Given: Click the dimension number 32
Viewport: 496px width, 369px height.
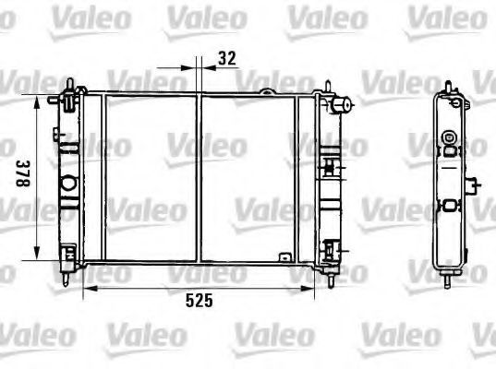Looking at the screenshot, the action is click(227, 58).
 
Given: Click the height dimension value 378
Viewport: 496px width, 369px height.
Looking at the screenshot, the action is click(23, 173).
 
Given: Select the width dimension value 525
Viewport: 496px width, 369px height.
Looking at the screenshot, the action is click(200, 301).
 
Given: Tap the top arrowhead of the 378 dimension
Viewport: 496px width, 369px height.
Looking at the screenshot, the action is click(37, 101).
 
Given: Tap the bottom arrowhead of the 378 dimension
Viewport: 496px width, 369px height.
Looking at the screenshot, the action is click(37, 254).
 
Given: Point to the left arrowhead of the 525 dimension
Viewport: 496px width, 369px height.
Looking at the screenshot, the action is click(91, 288).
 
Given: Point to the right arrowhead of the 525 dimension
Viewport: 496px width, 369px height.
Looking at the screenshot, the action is click(308, 288).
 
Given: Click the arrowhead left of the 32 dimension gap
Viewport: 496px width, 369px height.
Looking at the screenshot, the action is click(188, 67).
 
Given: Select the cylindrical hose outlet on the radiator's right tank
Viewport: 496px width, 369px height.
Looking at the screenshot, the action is click(341, 105).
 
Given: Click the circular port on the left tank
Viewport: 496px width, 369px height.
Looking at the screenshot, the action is click(68, 184).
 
